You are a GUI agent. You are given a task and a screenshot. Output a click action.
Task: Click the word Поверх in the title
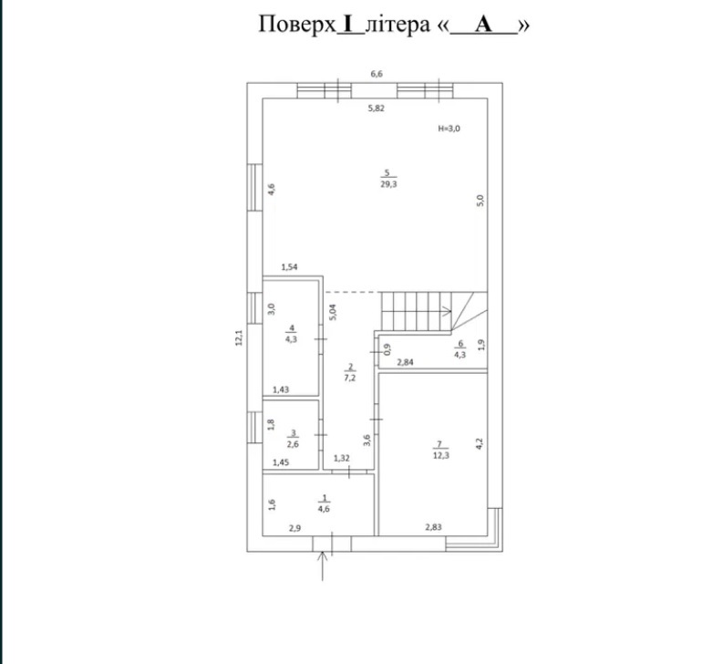297,24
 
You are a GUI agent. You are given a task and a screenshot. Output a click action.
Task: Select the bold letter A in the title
483,24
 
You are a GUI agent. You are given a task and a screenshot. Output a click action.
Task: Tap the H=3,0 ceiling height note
449,129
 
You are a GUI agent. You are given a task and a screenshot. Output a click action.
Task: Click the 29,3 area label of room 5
388,184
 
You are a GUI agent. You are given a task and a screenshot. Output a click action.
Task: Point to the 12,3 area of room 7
441,455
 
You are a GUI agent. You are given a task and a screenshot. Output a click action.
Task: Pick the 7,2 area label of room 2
350,378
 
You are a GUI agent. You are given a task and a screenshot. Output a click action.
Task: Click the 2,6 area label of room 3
293,444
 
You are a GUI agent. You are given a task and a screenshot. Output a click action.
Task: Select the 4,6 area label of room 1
324,509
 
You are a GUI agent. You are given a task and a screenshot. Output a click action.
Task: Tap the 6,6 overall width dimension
377,74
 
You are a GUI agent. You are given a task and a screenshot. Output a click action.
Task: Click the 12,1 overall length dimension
239,337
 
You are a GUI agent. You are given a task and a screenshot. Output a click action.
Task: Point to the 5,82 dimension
376,109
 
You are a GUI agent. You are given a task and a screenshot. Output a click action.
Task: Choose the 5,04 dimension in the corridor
333,313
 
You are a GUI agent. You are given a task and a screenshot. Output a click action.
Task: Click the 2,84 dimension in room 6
405,362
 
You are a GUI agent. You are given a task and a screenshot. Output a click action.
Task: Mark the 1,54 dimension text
289,267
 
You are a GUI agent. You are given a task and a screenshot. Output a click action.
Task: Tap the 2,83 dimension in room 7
433,527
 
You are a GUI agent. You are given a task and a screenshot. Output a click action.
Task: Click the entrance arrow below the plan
323,566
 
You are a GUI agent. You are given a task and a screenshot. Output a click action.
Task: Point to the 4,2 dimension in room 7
480,444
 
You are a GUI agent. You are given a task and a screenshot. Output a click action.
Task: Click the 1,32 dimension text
342,458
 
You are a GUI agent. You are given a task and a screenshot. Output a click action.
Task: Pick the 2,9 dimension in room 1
294,528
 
